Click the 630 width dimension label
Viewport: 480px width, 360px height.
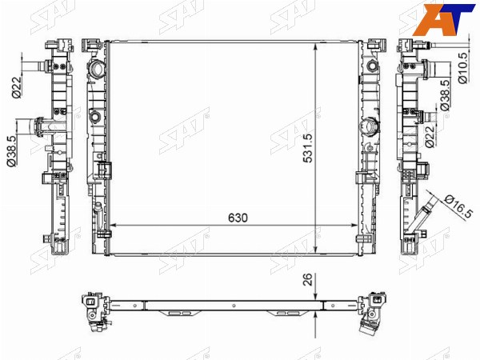pos(238,218)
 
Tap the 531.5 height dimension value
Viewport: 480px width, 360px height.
pos(307,148)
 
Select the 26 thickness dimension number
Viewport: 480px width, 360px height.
pos(308,279)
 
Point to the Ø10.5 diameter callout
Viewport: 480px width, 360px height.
pos(462,68)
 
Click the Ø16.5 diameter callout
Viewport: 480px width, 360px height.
pos(458,206)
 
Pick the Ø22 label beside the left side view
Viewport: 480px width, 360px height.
pos(17,86)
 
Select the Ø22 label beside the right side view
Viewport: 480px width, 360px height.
pos(430,137)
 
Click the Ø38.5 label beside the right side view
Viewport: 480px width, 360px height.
pos(445,95)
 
